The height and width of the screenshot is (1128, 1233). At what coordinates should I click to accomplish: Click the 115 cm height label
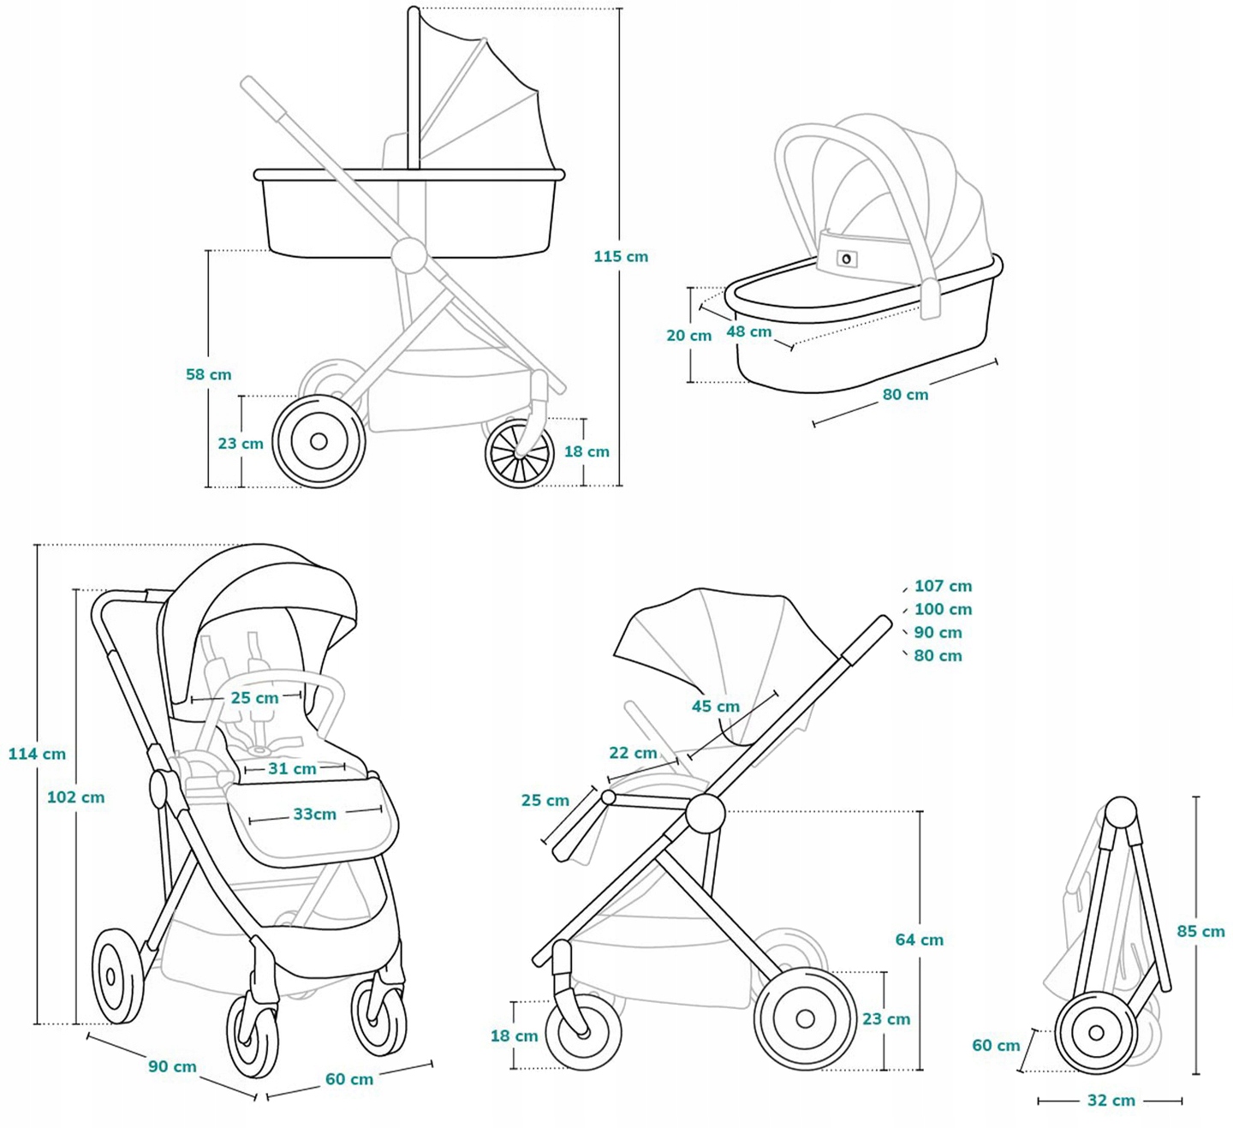tap(621, 256)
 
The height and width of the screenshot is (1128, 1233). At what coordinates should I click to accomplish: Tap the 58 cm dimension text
tap(208, 374)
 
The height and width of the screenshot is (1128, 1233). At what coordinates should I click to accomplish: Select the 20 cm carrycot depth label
tap(688, 336)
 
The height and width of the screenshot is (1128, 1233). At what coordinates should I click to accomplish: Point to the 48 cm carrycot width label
tap(749, 331)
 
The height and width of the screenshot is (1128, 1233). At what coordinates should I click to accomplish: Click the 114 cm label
tap(37, 754)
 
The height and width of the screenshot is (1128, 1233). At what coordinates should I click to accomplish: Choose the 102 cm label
tap(75, 797)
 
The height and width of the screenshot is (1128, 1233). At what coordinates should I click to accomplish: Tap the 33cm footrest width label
tap(314, 814)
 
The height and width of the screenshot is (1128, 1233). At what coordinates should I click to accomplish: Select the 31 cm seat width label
tap(292, 768)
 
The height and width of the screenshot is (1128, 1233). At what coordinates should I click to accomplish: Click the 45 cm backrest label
tap(715, 706)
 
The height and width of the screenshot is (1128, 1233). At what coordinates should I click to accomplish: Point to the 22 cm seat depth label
tap(633, 753)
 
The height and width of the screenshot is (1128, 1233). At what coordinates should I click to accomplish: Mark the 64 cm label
tap(919, 940)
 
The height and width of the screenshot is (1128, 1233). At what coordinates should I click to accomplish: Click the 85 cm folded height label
tap(1200, 931)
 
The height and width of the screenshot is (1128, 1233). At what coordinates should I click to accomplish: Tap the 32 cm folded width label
tap(1111, 1101)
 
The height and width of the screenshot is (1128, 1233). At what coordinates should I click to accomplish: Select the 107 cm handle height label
tap(943, 586)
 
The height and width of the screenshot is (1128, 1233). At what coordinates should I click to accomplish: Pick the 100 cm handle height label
tap(943, 609)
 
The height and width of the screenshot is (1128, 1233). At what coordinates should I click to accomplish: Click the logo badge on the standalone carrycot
tap(847, 259)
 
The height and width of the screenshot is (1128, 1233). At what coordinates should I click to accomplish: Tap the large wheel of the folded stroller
tap(1096, 1033)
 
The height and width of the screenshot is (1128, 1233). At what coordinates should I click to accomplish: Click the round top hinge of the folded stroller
tap(1122, 811)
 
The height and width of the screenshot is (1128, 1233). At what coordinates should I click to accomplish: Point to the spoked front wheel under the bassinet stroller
tap(519, 454)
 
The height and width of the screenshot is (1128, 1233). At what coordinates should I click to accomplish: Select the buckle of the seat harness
tap(256, 751)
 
